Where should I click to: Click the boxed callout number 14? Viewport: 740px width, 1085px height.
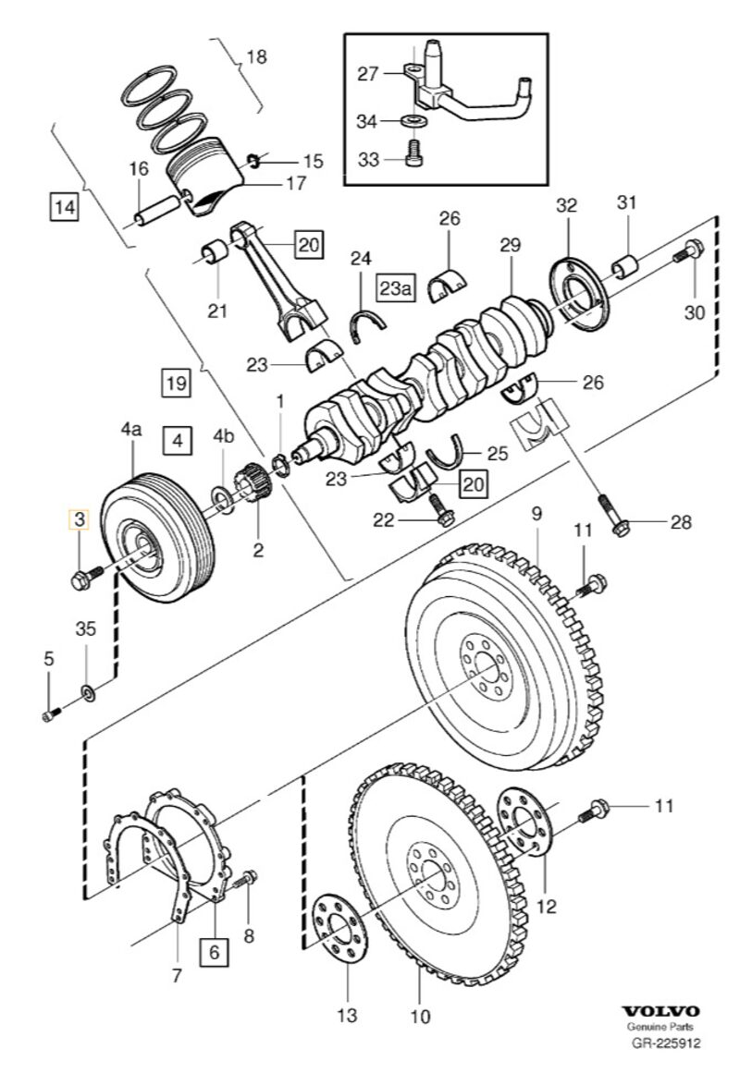click(63, 206)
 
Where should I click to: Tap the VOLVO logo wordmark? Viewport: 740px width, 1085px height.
click(660, 1012)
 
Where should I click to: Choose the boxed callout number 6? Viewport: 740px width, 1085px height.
click(215, 951)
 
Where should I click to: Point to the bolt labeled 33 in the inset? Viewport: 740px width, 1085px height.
click(414, 157)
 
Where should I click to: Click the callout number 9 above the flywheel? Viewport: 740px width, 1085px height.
click(535, 512)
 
